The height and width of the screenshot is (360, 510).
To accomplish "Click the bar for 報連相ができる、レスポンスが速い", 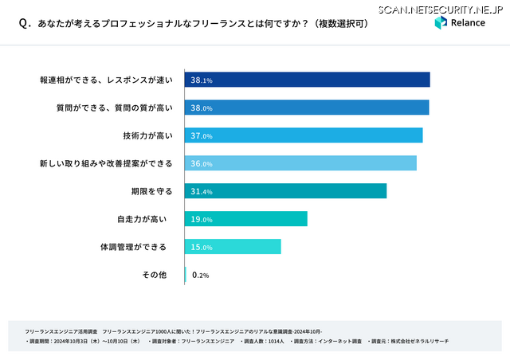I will pyautogui.click(x=308, y=80).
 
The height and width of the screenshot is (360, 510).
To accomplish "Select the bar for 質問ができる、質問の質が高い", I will pyautogui.click(x=307, y=108).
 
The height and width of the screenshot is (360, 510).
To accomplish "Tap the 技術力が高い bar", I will pyautogui.click(x=304, y=135).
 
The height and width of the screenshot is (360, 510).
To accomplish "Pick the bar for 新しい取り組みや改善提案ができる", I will pyautogui.click(x=300, y=163).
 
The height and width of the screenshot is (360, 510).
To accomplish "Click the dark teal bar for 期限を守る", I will pyautogui.click(x=285, y=191).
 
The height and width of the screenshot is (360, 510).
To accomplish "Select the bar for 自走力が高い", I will pyautogui.click(x=246, y=219).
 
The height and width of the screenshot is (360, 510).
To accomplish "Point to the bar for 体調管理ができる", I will pyautogui.click(x=233, y=247).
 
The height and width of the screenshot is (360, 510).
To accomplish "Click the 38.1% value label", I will pyautogui.click(x=201, y=80).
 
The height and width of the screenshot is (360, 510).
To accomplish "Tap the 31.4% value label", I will pyautogui.click(x=201, y=192).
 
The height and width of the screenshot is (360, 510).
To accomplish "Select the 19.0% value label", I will pyautogui.click(x=201, y=220).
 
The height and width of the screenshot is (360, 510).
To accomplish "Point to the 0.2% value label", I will pyautogui.click(x=200, y=276).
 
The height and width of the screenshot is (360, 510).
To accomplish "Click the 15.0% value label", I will pyautogui.click(x=201, y=248).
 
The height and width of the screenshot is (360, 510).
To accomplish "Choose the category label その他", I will pyautogui.click(x=154, y=275).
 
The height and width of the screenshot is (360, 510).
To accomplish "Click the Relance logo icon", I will pyautogui.click(x=441, y=23).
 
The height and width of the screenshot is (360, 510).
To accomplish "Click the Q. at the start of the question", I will pyautogui.click(x=25, y=24).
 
